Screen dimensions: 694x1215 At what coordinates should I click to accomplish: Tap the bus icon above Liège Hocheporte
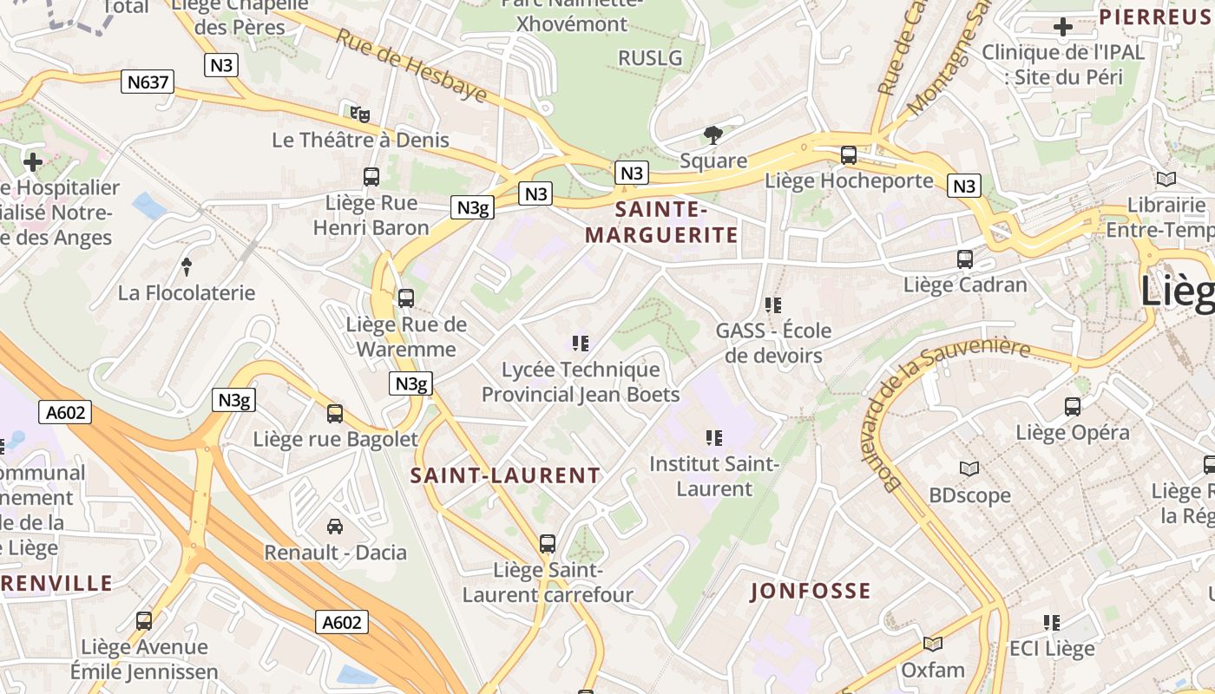849,155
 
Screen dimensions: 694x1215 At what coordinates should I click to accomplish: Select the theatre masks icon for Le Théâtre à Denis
360,114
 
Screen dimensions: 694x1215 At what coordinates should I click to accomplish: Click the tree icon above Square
713,134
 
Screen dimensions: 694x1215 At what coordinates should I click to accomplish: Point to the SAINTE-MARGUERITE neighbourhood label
661,222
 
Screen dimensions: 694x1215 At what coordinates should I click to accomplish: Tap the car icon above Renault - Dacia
335,526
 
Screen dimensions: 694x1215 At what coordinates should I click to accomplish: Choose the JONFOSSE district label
811,592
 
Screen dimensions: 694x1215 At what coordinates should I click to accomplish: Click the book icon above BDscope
969,469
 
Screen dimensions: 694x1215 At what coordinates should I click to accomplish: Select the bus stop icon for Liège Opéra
1073,406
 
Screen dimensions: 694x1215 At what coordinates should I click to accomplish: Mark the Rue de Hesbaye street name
411,64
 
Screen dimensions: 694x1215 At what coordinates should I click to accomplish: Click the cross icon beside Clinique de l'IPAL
1062,27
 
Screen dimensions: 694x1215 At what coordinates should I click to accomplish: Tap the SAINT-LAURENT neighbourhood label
505,475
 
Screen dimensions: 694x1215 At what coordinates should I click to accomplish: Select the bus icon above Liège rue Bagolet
335,414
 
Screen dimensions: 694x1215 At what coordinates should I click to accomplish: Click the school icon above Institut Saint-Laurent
714,438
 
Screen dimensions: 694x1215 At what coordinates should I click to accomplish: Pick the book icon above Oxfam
933,644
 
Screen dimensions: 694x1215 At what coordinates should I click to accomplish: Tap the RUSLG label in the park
650,58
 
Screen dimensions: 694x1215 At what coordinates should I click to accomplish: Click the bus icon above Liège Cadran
965,259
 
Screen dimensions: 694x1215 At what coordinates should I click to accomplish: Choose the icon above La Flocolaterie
186,266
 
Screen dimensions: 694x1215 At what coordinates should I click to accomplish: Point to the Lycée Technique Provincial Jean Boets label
581,383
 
